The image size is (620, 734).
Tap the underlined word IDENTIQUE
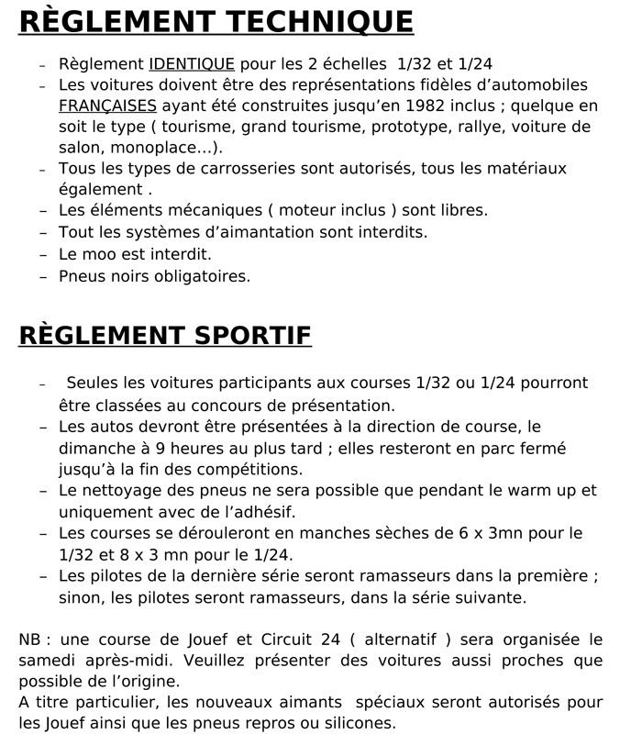(x=192, y=64)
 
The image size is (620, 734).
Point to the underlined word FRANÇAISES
(x=107, y=106)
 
